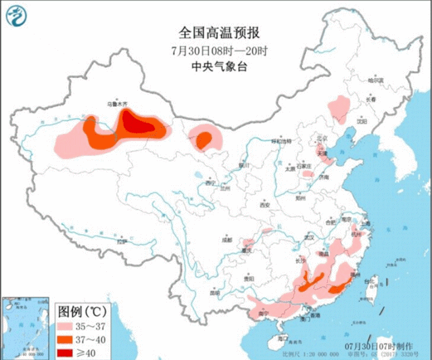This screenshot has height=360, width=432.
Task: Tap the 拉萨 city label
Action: click(122, 241)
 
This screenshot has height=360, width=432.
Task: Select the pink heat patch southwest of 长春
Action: click(338, 106)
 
